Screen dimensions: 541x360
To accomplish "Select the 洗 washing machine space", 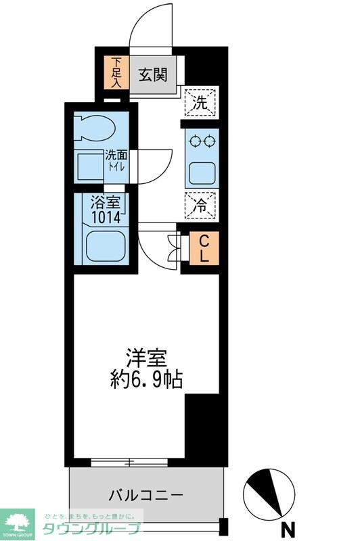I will point(202,103).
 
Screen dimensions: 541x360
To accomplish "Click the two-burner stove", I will point(202,142).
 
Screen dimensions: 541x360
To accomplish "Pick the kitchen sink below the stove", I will point(202,172).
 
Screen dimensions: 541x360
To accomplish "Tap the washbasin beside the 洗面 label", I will point(88,166).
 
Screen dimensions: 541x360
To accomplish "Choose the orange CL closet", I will point(204,248).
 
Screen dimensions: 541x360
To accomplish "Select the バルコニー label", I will point(147,495).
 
